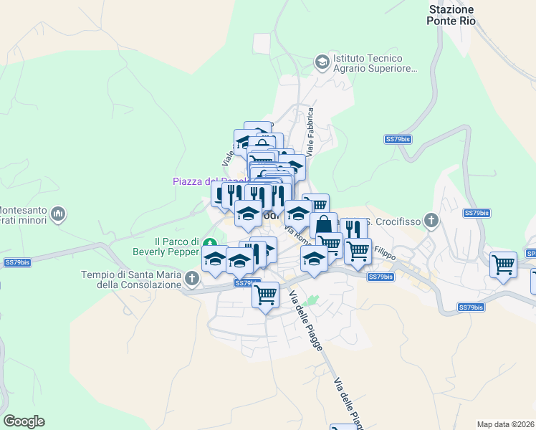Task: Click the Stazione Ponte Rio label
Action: click(451, 15)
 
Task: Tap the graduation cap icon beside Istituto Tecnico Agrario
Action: click(322, 63)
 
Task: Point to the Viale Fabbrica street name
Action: click(310, 133)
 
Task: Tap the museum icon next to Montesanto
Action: click(59, 214)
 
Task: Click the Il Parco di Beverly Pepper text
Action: click(164, 246)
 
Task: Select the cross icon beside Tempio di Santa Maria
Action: click(191, 278)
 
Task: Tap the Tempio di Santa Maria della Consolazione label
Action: click(131, 279)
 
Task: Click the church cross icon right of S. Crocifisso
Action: click(431, 220)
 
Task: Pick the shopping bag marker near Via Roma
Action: click(323, 224)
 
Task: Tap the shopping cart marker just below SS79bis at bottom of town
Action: click(265, 294)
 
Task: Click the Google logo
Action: click(24, 421)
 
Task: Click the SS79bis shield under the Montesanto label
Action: click(17, 263)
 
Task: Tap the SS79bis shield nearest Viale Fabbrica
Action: click(398, 139)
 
